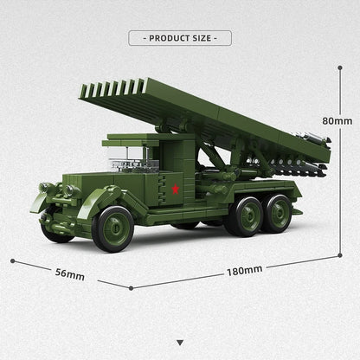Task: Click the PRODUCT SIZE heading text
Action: (x=179, y=38)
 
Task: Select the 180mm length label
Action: (x=245, y=270)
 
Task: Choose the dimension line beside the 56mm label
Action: (x=69, y=267)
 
